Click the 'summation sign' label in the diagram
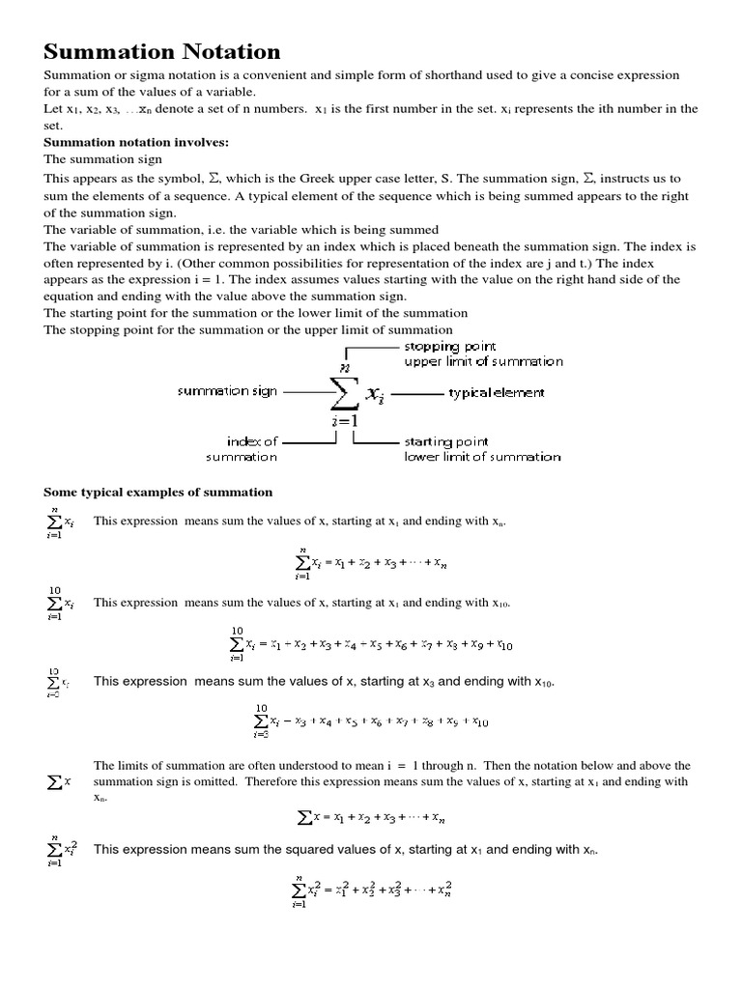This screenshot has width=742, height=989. (226, 391)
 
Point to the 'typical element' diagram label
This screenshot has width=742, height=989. (497, 393)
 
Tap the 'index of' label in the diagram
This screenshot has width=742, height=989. (252, 440)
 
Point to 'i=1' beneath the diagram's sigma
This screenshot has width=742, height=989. (344, 422)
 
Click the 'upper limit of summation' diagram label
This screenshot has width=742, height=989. (483, 361)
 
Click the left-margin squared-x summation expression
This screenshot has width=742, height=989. (62, 850)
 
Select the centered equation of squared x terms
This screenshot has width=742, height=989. (371, 889)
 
